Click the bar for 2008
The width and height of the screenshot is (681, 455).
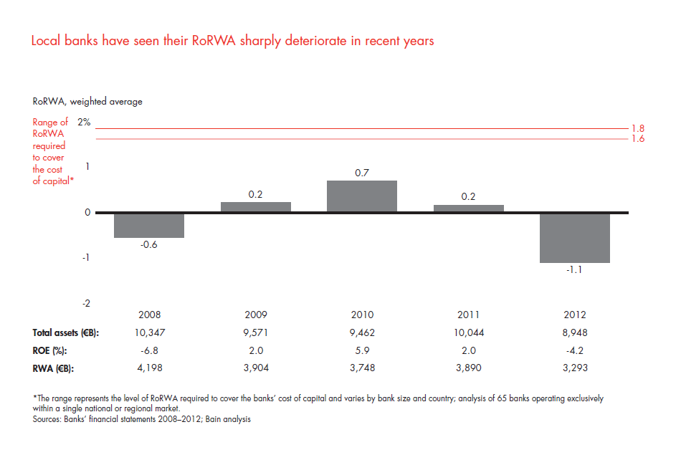[x=149, y=226]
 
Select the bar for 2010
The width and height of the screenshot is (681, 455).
[x=361, y=196]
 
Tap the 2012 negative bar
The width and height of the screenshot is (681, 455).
[x=574, y=238]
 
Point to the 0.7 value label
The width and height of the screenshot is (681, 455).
[x=362, y=173]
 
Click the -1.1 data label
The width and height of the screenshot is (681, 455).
[x=574, y=271]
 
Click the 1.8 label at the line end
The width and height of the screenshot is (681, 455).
[x=637, y=128]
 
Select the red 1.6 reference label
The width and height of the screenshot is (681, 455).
[x=637, y=139]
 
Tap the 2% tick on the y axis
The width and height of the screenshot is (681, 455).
[x=85, y=123]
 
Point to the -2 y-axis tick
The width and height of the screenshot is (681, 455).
[x=86, y=303]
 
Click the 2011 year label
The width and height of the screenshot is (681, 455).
[x=468, y=315]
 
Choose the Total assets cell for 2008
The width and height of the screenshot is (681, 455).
[x=149, y=332]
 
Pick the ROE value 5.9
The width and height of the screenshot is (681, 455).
[x=361, y=350]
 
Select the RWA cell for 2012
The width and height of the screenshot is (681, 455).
[x=574, y=368]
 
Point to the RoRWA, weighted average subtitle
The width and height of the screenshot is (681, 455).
[x=87, y=102]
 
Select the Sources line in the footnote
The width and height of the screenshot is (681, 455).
[x=141, y=419]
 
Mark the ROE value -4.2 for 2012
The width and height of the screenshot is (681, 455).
[x=574, y=350]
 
